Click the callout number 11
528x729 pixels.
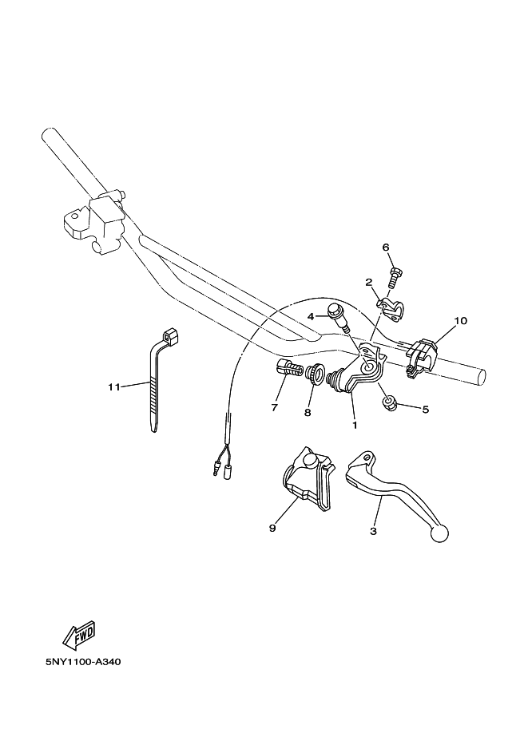pos(113,386)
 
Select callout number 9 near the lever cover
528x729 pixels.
pos(272,528)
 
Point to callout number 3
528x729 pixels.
pos(373,529)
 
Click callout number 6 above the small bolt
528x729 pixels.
pos(386,248)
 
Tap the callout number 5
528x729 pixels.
pos(425,410)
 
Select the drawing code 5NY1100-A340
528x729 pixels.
pos(77,662)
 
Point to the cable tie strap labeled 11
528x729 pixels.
pos(156,383)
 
